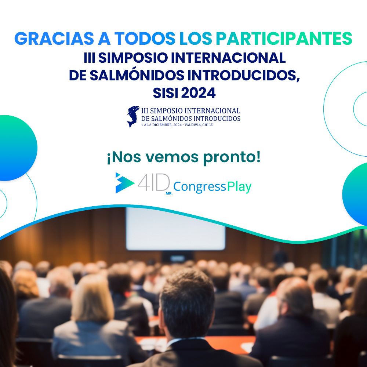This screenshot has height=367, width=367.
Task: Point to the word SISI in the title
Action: coord(166,93)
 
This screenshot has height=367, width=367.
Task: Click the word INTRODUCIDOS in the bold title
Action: coord(232,75)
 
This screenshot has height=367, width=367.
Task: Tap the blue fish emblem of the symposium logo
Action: coord(133,116)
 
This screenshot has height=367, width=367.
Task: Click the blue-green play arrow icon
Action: coord(124,183)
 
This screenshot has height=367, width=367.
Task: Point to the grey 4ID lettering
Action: coord(154,182)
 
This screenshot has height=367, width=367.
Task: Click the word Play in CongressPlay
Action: coord(239,187)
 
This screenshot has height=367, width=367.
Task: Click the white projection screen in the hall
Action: coord(175,228)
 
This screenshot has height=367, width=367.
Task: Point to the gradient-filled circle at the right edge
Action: coord(356,193)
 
